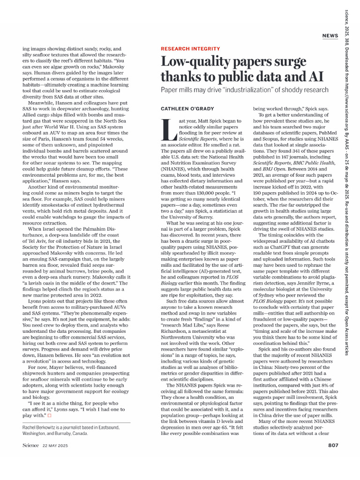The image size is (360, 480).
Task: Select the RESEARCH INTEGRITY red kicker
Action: tap(190, 49)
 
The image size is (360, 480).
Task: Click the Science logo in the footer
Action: tap(30, 445)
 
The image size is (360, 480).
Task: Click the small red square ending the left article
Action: tap(50, 416)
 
